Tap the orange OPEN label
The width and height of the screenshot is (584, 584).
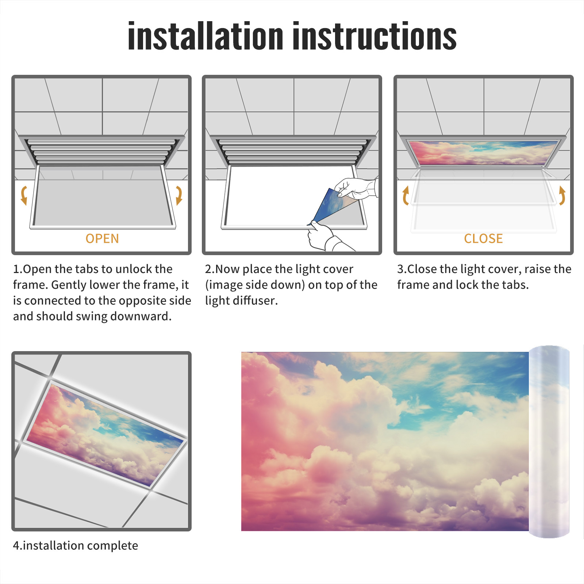click(102, 239)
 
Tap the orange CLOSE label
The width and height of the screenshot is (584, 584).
click(483, 239)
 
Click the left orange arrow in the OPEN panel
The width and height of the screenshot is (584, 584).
click(24, 195)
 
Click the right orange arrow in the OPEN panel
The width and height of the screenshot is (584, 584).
click(179, 195)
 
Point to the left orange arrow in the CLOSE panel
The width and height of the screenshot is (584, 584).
click(406, 195)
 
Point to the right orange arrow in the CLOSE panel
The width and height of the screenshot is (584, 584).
click(562, 195)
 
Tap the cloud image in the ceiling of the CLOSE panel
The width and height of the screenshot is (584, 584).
click(483, 153)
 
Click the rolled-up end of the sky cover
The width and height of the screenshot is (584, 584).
click(549, 442)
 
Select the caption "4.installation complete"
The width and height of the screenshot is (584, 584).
click(76, 545)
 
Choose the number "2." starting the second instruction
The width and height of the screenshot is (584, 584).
click(210, 269)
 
